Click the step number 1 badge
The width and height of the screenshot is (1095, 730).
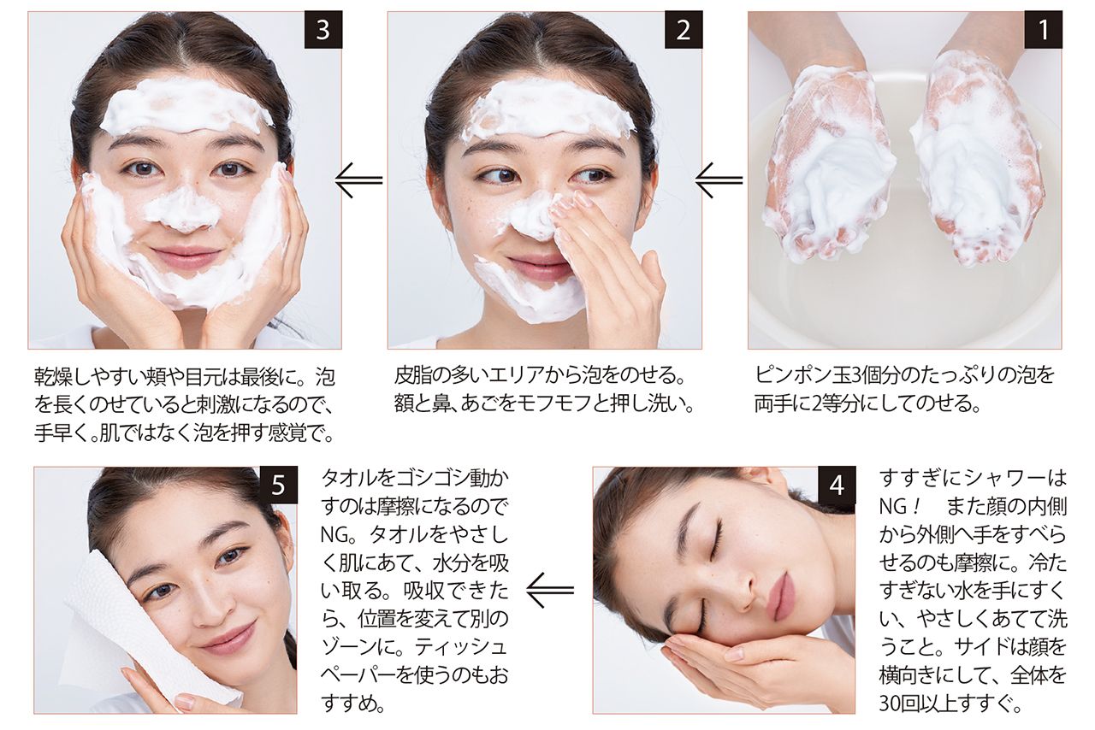click(1043, 30)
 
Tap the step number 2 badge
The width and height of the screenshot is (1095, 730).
click(684, 30)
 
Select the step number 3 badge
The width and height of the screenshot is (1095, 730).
click(323, 30)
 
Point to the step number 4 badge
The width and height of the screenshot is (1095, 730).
click(837, 485)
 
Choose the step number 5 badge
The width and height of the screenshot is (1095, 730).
click(278, 485)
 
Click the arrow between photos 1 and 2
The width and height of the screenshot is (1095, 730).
click(719, 180)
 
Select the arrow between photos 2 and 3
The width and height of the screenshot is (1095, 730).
click(358, 180)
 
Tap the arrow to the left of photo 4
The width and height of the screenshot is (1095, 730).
click(550, 590)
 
